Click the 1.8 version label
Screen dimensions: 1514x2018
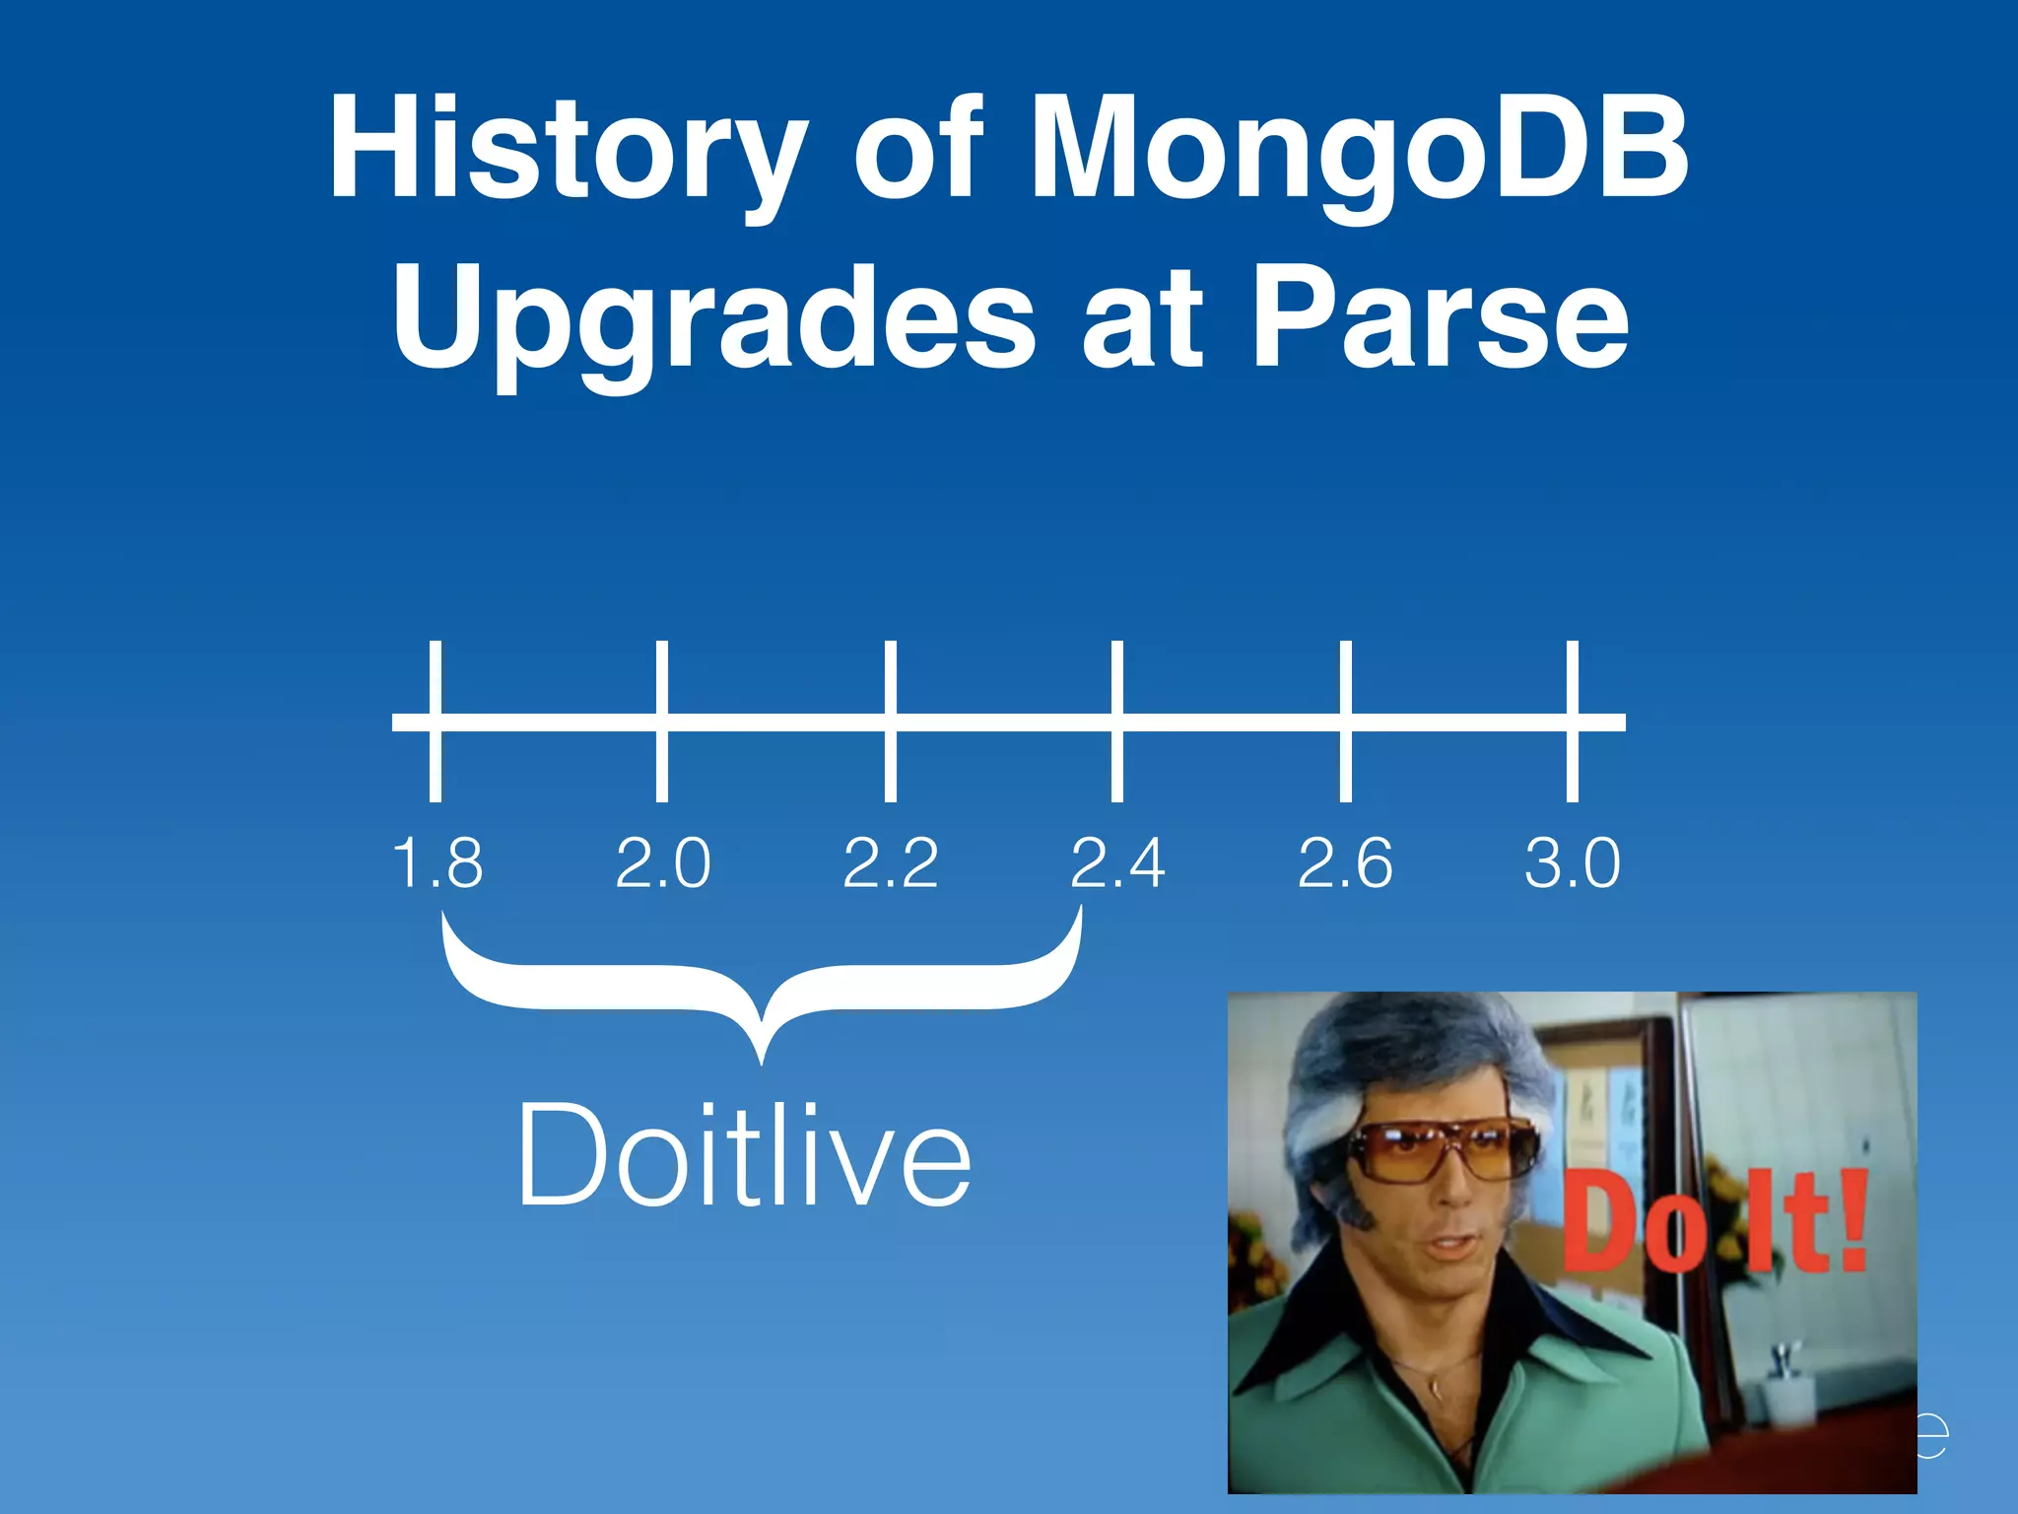coord(437,863)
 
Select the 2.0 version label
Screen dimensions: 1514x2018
coord(663,863)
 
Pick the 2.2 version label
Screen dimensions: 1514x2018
coord(891,863)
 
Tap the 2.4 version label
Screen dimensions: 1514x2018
coord(1117,863)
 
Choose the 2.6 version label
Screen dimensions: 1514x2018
coord(1345,863)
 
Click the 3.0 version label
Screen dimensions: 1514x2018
coord(1573,863)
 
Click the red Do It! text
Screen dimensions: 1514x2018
coord(1715,1222)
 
